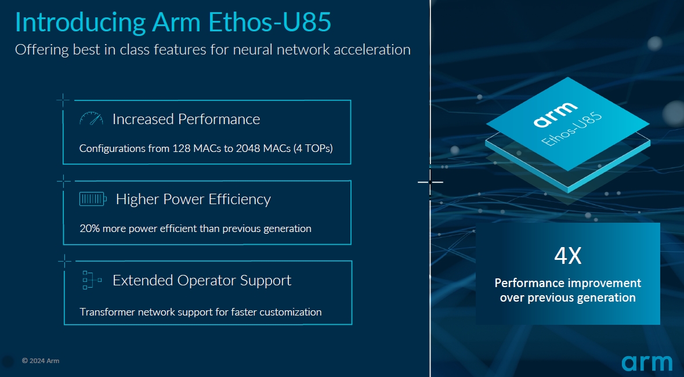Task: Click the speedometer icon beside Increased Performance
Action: click(91, 119)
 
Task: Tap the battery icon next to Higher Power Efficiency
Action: click(93, 200)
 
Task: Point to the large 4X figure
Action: click(567, 256)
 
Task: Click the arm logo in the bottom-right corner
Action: click(647, 362)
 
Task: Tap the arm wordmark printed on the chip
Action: click(555, 114)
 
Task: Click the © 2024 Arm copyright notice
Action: click(41, 361)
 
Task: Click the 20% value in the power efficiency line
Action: click(90, 229)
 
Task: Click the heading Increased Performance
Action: click(186, 119)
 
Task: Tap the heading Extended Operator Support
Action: click(201, 280)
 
